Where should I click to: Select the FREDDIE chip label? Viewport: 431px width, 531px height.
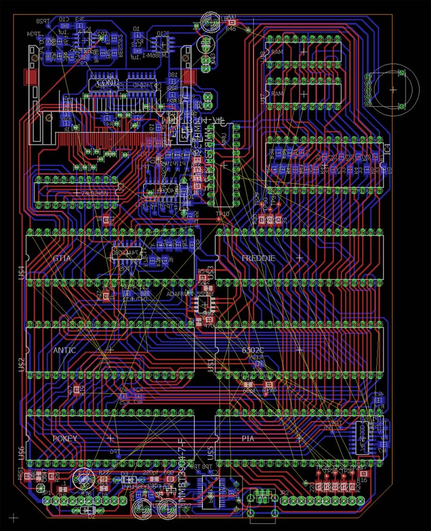[x=258, y=257]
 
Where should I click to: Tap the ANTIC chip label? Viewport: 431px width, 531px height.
[x=64, y=350]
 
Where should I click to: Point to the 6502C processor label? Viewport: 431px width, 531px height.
[x=253, y=350]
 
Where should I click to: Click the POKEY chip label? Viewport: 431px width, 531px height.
[x=65, y=438]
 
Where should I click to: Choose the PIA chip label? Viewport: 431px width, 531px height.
[x=248, y=438]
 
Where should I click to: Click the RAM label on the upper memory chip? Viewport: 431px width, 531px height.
[x=277, y=52]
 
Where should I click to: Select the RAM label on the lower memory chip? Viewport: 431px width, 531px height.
[x=277, y=94]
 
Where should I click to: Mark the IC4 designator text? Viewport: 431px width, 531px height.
[x=386, y=149]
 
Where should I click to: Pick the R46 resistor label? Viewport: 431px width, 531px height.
[x=231, y=30]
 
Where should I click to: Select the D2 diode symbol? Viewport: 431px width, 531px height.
[x=86, y=510]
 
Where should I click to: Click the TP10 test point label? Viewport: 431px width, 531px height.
[x=222, y=214]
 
